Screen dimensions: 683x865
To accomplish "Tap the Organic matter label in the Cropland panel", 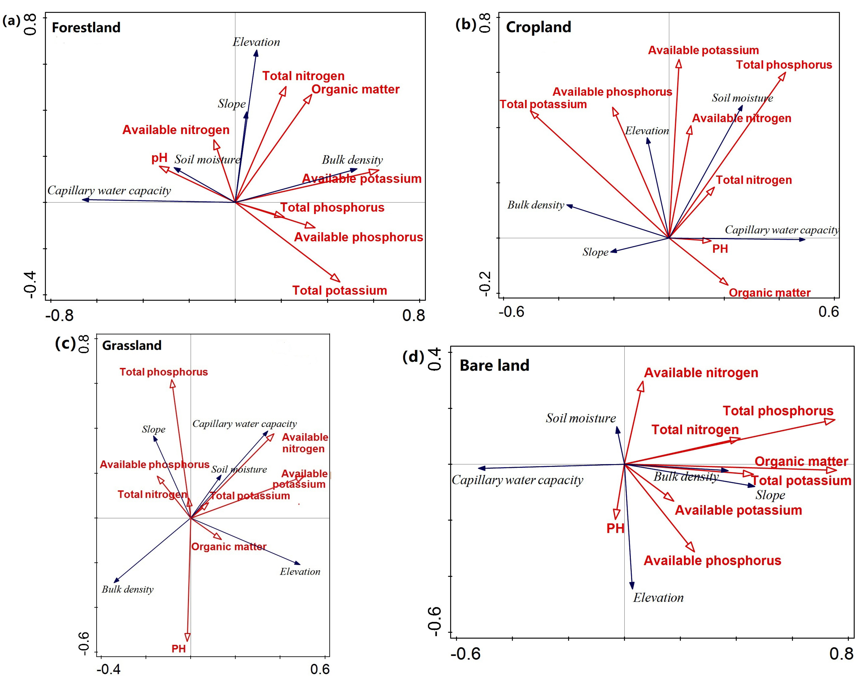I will click(x=769, y=293).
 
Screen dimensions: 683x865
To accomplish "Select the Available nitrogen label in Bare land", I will click(x=701, y=373).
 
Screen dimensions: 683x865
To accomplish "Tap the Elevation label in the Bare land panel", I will click(x=658, y=598).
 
